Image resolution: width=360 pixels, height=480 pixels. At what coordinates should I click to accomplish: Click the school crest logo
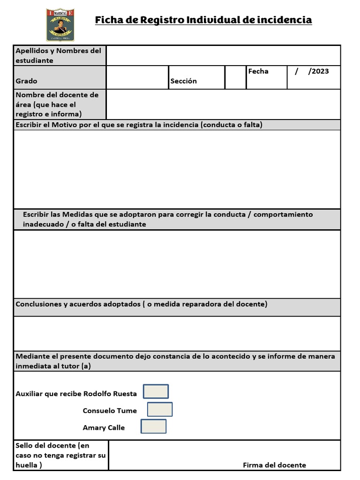pos(60,24)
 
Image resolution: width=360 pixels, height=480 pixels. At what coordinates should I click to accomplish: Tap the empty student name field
pos(223,55)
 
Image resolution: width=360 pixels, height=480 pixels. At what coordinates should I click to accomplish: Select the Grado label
pos(26,81)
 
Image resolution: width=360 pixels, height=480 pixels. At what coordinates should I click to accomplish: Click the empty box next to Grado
pos(137,77)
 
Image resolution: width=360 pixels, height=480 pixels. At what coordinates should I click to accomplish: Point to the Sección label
pos(184,81)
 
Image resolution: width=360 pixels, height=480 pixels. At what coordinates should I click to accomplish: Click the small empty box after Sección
pos(235,77)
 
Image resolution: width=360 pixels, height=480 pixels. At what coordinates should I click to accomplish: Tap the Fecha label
pos(258,71)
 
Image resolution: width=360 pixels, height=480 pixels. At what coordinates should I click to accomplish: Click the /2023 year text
pos(318,71)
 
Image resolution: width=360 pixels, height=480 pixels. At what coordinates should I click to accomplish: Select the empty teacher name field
pos(223,104)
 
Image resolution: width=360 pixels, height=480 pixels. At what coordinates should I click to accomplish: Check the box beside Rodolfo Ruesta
pos(156,391)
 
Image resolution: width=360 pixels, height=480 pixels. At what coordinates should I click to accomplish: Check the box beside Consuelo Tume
pos(160,409)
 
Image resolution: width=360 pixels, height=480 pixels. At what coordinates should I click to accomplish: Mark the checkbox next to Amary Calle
pos(153,426)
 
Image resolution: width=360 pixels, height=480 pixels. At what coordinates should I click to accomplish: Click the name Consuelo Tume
pos(110,411)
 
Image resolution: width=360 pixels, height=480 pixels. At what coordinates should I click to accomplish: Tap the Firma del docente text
pos(274,465)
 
